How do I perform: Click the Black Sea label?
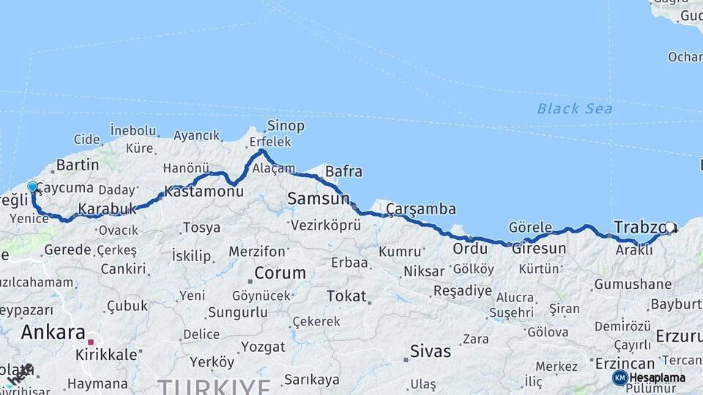click(x=574, y=109)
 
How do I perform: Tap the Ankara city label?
click(x=53, y=332)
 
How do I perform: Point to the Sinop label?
click(x=286, y=126)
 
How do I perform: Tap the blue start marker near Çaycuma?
click(x=32, y=187)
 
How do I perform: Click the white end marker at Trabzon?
click(x=669, y=227)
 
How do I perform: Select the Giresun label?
click(x=538, y=249)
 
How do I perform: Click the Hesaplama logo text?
click(x=657, y=377)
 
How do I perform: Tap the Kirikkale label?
click(x=106, y=354)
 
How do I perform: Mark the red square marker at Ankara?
click(x=91, y=342)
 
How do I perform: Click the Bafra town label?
click(x=343, y=172)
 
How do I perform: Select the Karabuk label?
click(x=108, y=209)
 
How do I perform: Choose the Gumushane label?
click(x=633, y=284)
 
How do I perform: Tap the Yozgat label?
click(x=263, y=347)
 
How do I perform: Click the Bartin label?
click(x=77, y=165)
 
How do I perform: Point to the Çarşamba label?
click(x=421, y=209)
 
